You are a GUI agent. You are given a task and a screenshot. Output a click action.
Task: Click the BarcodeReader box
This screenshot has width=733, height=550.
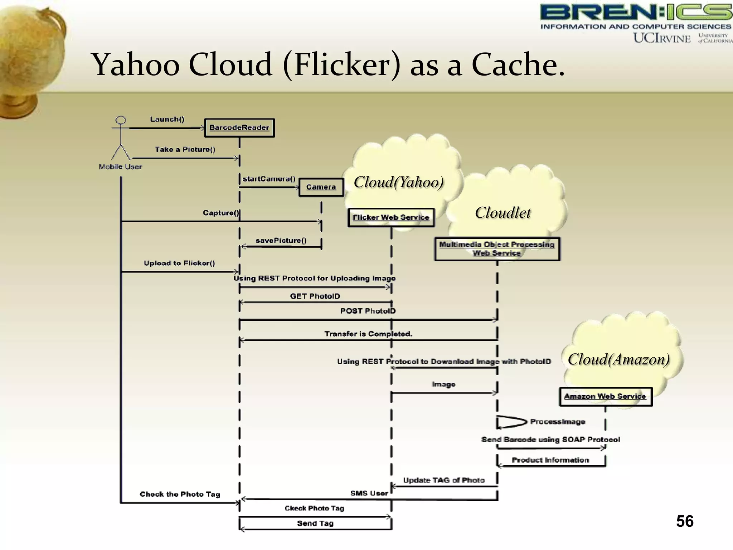(x=239, y=128)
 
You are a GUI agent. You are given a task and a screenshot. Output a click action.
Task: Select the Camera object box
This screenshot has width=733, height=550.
(x=321, y=187)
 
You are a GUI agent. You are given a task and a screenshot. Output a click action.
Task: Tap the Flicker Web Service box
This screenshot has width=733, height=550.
(x=390, y=217)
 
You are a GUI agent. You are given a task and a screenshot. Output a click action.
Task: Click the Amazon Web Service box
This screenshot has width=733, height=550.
(x=605, y=396)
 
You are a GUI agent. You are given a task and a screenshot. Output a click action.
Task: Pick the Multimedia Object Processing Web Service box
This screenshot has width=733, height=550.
(x=497, y=249)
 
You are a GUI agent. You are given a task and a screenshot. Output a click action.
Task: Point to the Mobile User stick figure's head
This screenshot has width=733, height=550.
(x=121, y=120)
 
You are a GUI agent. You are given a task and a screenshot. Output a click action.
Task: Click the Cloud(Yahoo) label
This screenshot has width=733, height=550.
(x=398, y=182)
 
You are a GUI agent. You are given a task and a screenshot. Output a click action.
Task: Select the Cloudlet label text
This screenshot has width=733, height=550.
(x=503, y=213)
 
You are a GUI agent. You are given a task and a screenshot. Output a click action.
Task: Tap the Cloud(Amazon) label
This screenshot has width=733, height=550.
(x=618, y=359)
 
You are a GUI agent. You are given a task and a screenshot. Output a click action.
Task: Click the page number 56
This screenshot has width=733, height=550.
(x=684, y=521)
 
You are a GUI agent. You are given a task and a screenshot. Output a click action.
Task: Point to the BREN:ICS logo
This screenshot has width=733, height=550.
(x=635, y=13)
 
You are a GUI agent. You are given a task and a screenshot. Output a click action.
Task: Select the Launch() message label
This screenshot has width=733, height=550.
(x=167, y=119)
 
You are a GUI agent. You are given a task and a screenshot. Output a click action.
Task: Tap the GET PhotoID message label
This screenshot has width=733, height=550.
(x=315, y=296)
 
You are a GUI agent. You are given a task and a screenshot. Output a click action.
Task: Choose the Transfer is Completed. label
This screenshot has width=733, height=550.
(x=368, y=334)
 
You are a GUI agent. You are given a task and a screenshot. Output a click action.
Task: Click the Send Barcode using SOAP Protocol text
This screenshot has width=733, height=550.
(x=550, y=439)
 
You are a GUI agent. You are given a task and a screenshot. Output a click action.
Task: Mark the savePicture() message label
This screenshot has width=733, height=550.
(x=281, y=241)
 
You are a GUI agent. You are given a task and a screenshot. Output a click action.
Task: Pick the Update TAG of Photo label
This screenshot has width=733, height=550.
(x=443, y=480)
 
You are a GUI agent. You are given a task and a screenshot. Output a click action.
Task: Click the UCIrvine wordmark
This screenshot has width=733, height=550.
(x=662, y=38)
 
